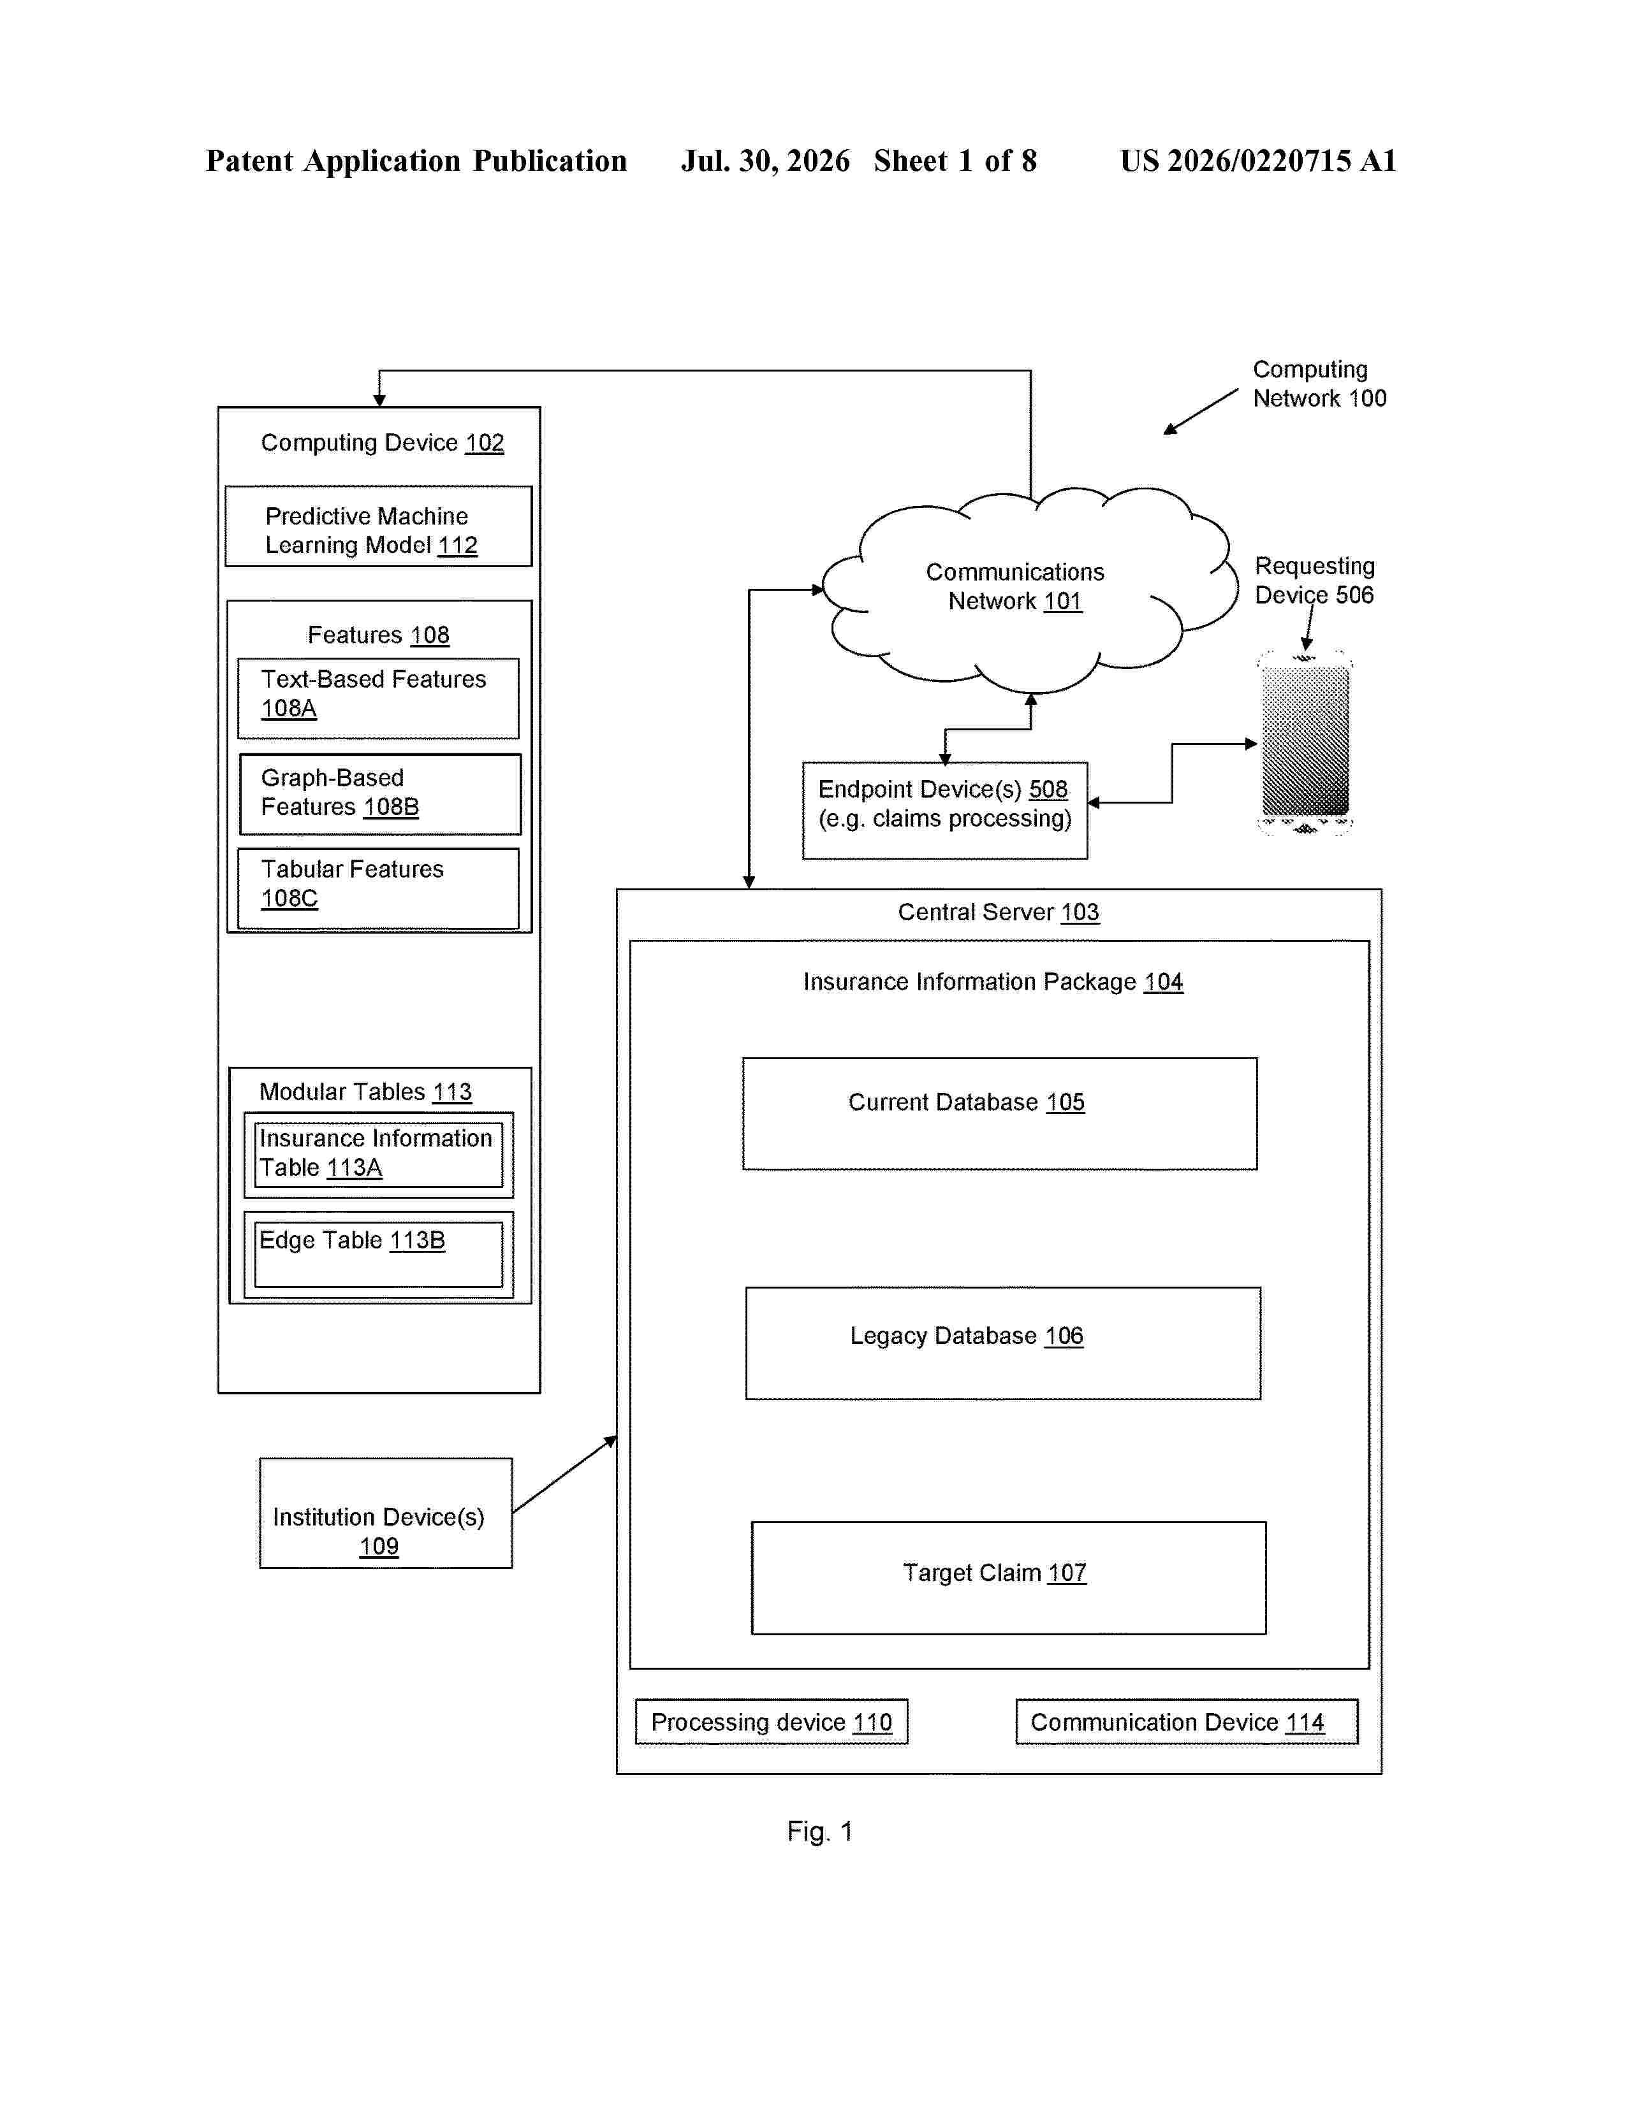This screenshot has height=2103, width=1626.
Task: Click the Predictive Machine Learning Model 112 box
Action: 379,527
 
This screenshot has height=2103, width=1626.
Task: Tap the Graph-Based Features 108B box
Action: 381,795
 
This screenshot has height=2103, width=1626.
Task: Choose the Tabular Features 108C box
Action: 379,889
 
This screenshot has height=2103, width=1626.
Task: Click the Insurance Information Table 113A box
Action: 379,1155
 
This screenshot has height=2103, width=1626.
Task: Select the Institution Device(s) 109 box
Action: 385,1513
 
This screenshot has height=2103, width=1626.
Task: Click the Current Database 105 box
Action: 1000,1114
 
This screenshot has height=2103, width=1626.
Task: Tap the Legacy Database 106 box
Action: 1003,1343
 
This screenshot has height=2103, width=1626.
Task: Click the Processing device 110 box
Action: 772,1722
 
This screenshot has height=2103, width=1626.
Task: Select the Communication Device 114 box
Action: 1187,1722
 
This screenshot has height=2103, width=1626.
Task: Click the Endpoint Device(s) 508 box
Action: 945,811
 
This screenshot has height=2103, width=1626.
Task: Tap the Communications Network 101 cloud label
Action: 1015,586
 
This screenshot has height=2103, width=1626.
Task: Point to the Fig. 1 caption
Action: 820,1832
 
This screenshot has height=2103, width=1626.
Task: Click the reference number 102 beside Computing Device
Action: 485,443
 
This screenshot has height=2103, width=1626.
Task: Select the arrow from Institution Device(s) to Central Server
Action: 564,1474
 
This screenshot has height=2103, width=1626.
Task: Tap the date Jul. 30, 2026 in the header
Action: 766,161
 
